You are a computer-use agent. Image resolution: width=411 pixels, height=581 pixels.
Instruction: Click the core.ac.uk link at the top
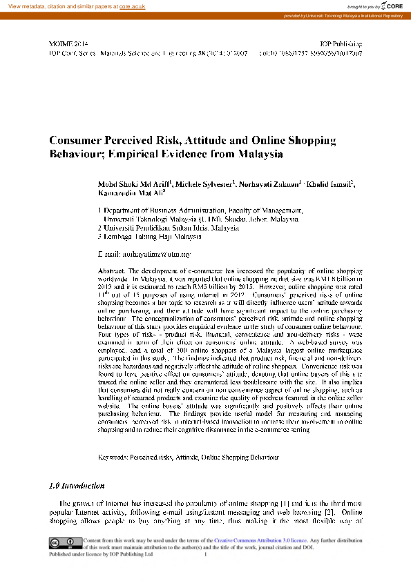pyautogui.click(x=133, y=6)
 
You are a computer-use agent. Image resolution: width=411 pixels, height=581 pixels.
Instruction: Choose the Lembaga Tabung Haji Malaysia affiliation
pyautogui.click(x=150, y=236)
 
